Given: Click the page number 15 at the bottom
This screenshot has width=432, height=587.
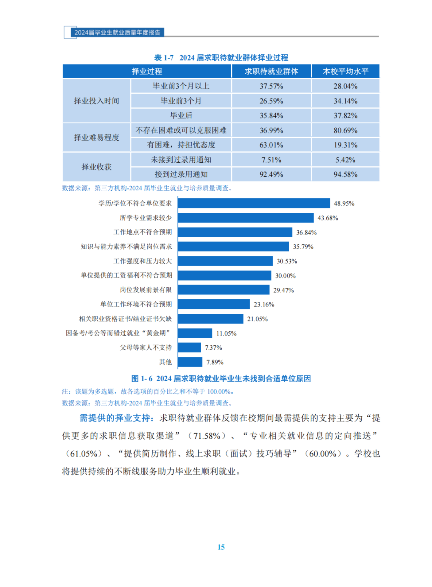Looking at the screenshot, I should tap(221, 547).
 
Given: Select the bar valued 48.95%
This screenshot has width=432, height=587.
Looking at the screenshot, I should tap(254, 203).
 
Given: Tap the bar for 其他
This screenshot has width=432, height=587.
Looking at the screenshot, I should tap(190, 362).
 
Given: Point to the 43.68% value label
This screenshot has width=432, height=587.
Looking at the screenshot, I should tap(328, 218).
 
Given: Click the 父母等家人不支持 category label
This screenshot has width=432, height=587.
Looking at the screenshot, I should tap(146, 347).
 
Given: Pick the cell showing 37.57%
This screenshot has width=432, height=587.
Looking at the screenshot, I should tap(271, 86).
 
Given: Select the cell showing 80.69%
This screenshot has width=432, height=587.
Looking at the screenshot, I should tap(345, 130).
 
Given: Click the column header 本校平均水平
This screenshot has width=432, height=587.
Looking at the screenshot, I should tap(345, 71).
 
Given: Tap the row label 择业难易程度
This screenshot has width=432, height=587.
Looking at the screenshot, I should tap(96, 137).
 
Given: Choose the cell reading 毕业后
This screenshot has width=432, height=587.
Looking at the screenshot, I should tap(181, 115).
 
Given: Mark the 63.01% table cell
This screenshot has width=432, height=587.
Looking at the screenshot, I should tap(271, 145).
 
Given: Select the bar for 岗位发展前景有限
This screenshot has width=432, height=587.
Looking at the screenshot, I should tap(224, 290).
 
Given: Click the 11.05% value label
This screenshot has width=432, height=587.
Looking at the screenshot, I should tap(226, 333).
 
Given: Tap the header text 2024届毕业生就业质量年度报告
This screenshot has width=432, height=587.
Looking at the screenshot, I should tap(117, 32).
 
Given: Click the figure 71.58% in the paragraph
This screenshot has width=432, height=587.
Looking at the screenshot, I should tap(207, 436).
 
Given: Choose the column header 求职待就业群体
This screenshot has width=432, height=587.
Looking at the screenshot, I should tap(271, 71).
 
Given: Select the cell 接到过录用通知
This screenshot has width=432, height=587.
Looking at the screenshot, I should tap(181, 174).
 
